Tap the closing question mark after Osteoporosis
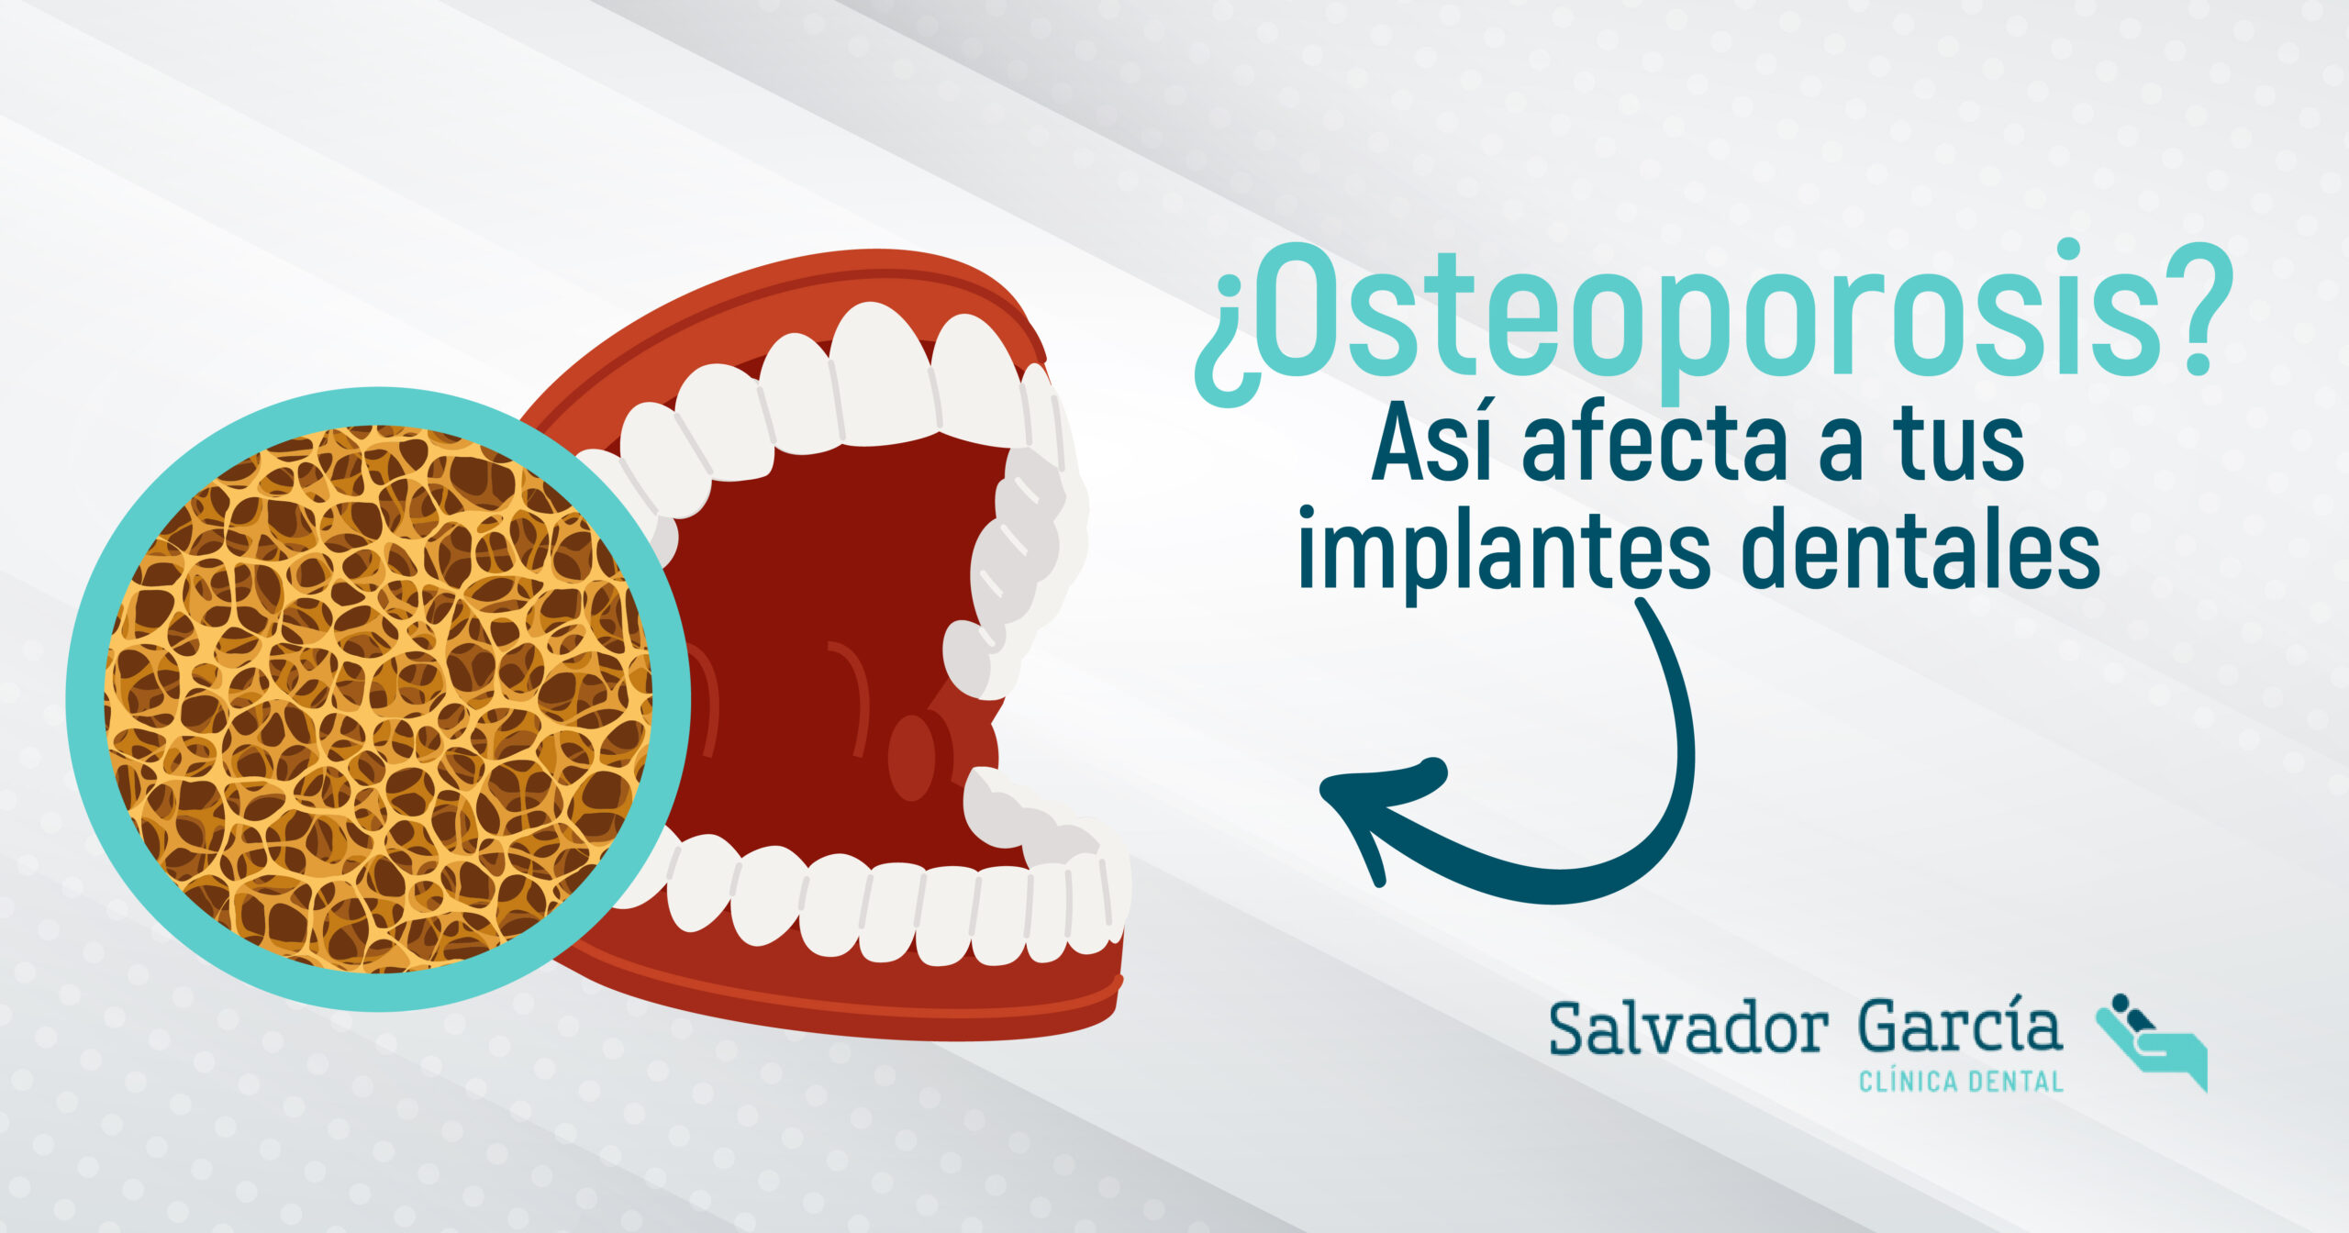click(x=2197, y=308)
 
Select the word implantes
click(x=1504, y=551)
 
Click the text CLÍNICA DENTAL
click(x=1961, y=1083)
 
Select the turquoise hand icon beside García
click(x=2153, y=1042)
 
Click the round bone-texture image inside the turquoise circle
click(x=378, y=699)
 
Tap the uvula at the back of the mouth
click(x=912, y=757)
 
